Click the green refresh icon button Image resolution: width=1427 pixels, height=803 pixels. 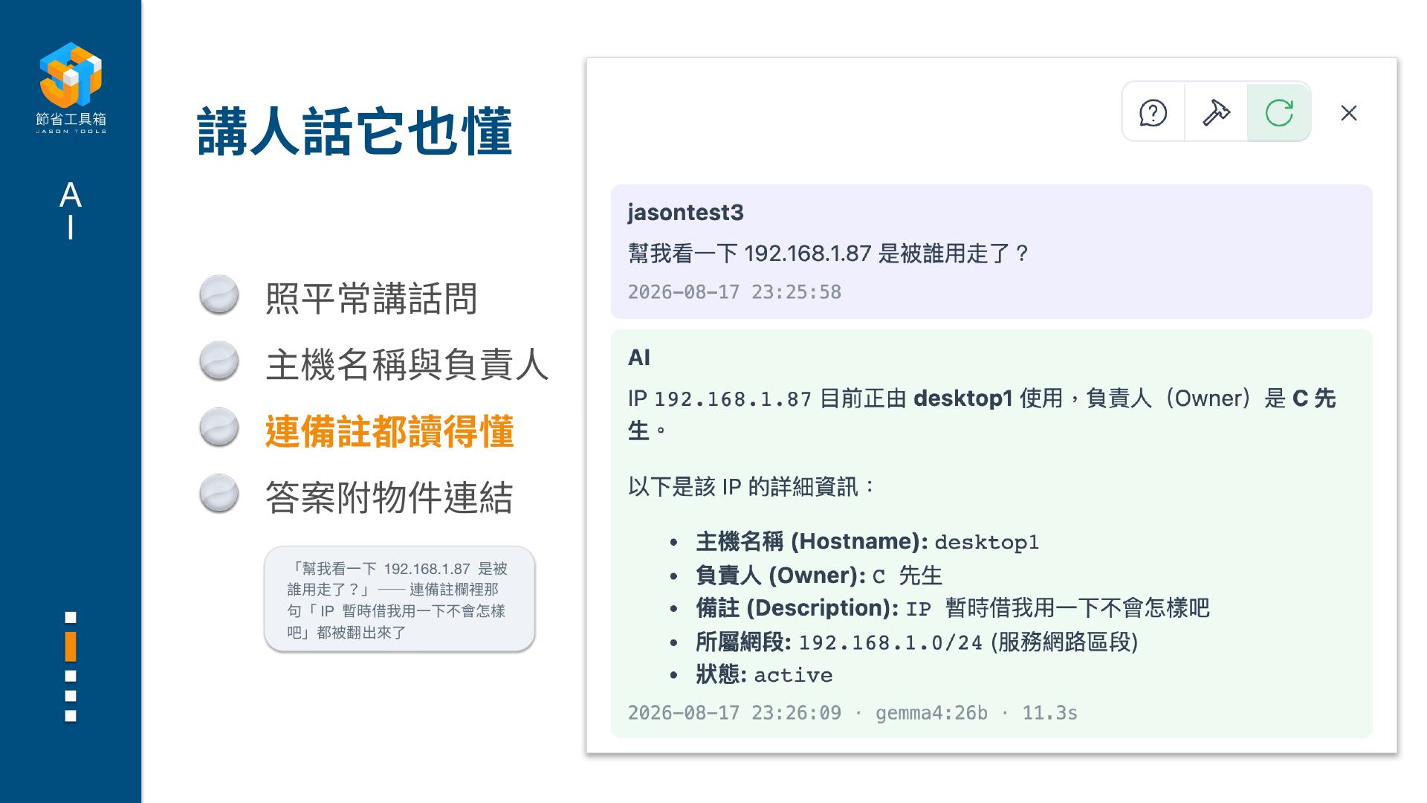click(x=1279, y=112)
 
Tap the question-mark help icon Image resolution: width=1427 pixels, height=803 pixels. click(x=1153, y=113)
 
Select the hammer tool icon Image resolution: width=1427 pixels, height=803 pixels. click(x=1216, y=112)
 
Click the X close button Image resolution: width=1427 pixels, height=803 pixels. click(x=1349, y=113)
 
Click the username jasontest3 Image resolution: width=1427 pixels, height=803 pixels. click(x=685, y=213)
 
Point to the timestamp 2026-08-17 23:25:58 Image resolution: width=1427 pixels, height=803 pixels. click(x=734, y=291)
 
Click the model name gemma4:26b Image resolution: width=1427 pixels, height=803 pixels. click(x=931, y=713)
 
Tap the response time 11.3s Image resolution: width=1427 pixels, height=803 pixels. click(x=1049, y=713)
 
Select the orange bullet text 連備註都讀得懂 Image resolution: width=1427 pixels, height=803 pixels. click(x=389, y=431)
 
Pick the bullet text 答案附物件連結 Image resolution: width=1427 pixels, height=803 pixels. click(x=389, y=497)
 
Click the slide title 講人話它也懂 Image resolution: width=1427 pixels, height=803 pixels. click(x=355, y=132)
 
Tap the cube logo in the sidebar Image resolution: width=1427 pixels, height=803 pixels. click(x=71, y=74)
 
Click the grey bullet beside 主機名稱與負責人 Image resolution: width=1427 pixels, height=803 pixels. click(x=219, y=361)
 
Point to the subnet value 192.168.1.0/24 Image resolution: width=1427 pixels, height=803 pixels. click(x=890, y=642)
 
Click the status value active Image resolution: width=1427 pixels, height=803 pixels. click(x=793, y=675)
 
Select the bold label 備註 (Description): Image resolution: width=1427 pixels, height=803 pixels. click(x=797, y=608)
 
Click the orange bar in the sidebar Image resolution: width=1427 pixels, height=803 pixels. click(x=71, y=646)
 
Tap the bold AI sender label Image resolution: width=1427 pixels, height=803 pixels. click(x=639, y=358)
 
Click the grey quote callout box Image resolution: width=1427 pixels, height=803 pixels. click(x=400, y=599)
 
